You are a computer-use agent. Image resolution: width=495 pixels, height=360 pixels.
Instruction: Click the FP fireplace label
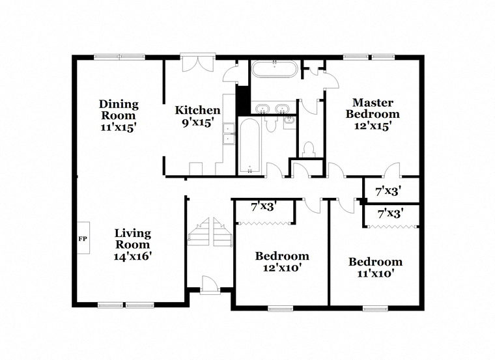pyautogui.click(x=83, y=239)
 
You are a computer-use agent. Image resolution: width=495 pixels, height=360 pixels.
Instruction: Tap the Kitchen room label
pyautogui.click(x=197, y=110)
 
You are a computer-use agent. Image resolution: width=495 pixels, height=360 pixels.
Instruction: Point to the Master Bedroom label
pyautogui.click(x=373, y=108)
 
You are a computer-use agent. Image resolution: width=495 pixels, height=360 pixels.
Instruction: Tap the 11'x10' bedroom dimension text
pyautogui.click(x=375, y=273)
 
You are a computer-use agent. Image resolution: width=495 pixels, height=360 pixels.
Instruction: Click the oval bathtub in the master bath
pyautogui.click(x=274, y=68)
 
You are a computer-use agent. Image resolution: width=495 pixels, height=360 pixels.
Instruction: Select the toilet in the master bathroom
pyautogui.click(x=309, y=150)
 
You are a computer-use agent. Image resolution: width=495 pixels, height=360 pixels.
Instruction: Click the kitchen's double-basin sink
pyautogui.click(x=229, y=133)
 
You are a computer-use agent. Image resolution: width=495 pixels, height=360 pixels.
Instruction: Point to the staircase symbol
pyautogui.click(x=210, y=232)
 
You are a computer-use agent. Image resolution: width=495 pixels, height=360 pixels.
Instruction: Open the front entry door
pyautogui.click(x=208, y=285)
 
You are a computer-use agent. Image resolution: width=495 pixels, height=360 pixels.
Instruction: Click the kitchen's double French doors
pyautogui.click(x=197, y=63)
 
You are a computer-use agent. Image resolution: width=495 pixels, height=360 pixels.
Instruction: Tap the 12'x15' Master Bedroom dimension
pyautogui.click(x=373, y=126)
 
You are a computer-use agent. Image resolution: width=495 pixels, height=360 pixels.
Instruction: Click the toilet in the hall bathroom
pyautogui.click(x=270, y=124)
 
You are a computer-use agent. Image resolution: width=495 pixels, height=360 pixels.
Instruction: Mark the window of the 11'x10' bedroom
pyautogui.click(x=375, y=309)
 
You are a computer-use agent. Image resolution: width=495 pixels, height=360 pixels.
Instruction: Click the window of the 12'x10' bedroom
pyautogui.click(x=280, y=309)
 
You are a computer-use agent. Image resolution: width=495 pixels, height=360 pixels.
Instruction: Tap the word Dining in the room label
pyautogui.click(x=119, y=104)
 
